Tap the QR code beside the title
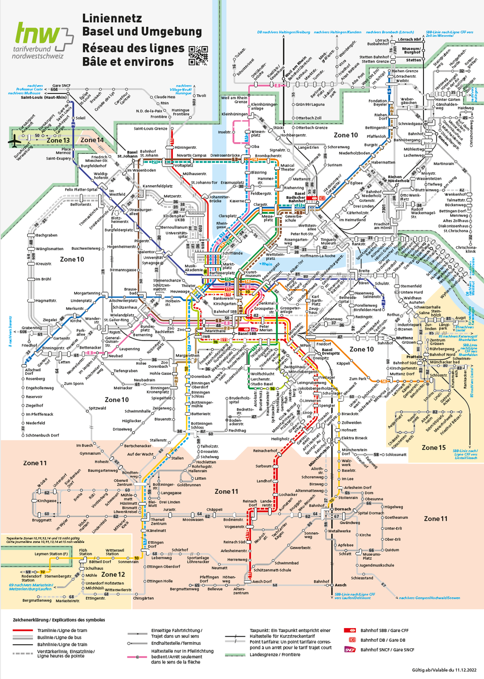(x=198, y=55)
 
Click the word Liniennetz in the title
(x=112, y=18)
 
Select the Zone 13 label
(x=58, y=140)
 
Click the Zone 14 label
(x=92, y=140)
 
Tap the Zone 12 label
(x=113, y=574)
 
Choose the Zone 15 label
(x=434, y=447)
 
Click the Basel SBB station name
(x=247, y=333)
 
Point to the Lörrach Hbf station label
(x=409, y=39)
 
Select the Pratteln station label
(x=414, y=357)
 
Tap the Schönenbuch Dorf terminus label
(x=42, y=435)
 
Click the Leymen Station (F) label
(x=51, y=553)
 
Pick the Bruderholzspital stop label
(x=239, y=400)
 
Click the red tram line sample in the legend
(x=23, y=631)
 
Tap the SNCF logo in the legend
(x=350, y=650)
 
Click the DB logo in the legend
(x=352, y=640)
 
